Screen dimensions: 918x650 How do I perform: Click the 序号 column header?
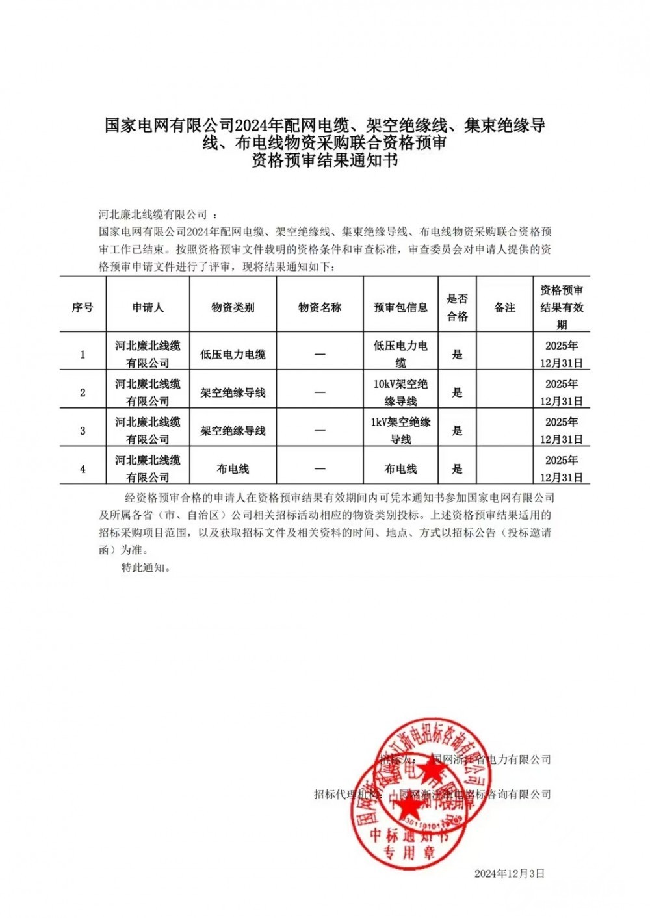(x=83, y=307)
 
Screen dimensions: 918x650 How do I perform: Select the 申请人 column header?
(x=148, y=307)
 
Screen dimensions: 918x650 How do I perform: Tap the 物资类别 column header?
(x=233, y=307)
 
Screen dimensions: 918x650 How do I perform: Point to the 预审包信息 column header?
(x=400, y=307)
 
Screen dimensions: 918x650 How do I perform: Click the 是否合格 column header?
(x=457, y=307)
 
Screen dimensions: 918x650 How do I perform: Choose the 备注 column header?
(x=504, y=307)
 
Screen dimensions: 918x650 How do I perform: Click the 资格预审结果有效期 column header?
(x=562, y=307)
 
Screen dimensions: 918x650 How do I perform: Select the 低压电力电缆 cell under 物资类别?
(x=233, y=354)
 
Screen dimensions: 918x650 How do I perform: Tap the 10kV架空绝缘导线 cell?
(x=400, y=392)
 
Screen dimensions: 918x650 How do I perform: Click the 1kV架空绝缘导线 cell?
(x=400, y=431)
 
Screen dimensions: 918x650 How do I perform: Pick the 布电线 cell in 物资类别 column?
(x=233, y=469)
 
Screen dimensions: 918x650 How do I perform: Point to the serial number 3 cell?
(x=83, y=431)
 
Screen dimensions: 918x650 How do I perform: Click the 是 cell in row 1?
(x=457, y=354)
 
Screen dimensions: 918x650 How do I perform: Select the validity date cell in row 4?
(x=562, y=469)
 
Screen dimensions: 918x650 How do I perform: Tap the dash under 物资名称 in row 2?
(x=320, y=392)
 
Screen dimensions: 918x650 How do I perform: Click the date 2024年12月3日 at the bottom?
(x=510, y=874)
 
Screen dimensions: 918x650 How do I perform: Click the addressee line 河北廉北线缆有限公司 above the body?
(x=153, y=214)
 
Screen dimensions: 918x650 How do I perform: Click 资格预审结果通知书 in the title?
(x=324, y=160)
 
